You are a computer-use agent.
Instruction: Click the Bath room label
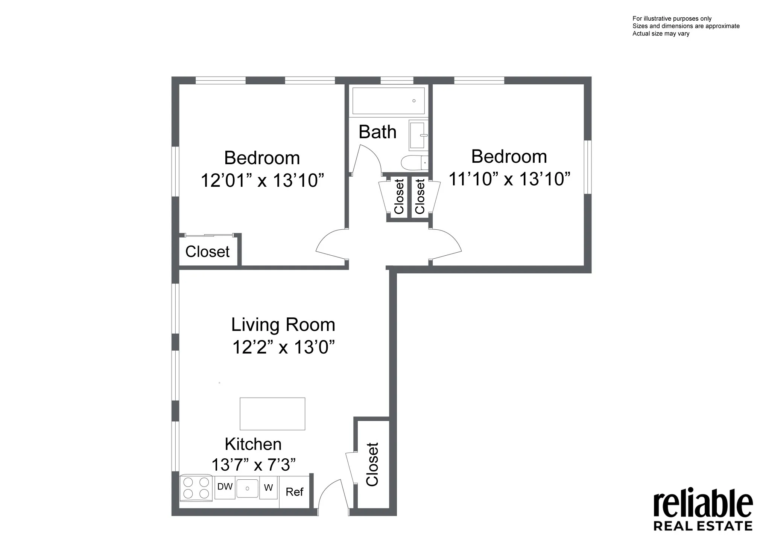377,132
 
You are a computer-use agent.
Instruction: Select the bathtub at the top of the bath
388,101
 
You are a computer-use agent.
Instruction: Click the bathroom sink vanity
418,135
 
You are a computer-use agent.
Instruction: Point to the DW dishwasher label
225,487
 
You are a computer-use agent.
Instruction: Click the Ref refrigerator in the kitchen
294,492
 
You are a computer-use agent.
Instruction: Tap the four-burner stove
196,488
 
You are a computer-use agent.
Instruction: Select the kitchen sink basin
247,488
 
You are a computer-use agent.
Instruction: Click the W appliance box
268,488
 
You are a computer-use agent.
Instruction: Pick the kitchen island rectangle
272,413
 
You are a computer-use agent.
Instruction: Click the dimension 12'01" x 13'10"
262,180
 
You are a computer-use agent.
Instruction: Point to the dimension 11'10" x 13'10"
509,179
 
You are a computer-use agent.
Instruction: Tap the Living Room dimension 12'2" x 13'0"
283,347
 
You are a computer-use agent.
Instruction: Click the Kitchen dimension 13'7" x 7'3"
253,465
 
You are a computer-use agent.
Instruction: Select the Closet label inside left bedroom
207,252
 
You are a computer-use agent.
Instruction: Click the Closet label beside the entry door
372,464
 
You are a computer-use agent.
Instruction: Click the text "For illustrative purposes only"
672,18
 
